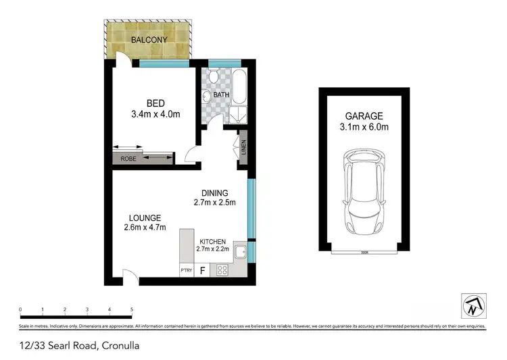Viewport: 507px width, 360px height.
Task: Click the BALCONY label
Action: pos(150,39)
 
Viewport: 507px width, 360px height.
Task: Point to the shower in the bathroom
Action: pos(239,114)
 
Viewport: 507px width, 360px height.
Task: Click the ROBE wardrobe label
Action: pos(128,159)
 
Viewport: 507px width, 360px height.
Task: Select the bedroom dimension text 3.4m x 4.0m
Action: pos(156,114)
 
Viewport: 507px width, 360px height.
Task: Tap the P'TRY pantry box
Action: pos(186,271)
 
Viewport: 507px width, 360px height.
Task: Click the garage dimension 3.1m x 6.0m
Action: pos(365,127)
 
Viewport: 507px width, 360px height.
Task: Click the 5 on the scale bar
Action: pos(131,310)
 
